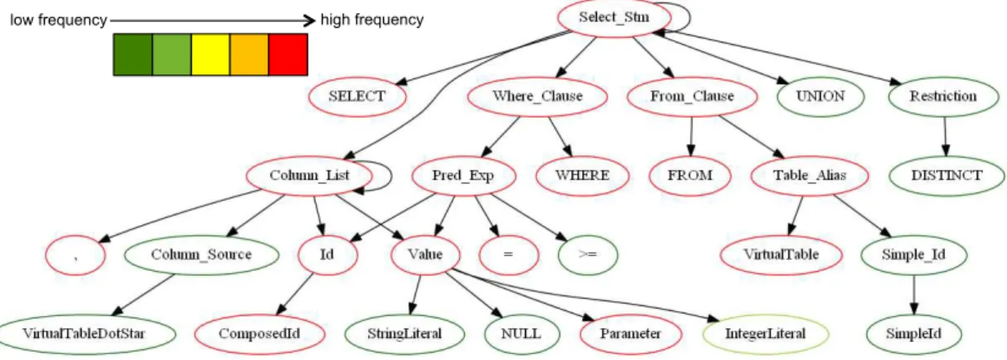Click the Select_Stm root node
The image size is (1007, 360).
(x=614, y=18)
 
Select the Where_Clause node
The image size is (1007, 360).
(x=537, y=96)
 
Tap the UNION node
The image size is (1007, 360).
(x=821, y=96)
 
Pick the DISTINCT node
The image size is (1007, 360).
(x=947, y=176)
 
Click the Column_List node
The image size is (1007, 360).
(x=310, y=176)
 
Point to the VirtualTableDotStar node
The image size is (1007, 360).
(x=84, y=334)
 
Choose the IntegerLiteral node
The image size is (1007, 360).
(x=765, y=334)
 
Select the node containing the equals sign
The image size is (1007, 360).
(x=509, y=255)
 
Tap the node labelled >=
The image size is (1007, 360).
(x=587, y=255)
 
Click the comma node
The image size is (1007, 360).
(x=75, y=255)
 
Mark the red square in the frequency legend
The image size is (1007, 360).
(x=288, y=55)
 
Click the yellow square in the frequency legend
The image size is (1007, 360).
(x=211, y=55)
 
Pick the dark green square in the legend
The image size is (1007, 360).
(x=132, y=55)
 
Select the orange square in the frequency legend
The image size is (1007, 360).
(x=249, y=55)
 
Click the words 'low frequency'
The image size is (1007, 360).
(x=59, y=20)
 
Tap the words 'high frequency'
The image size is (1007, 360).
(x=372, y=20)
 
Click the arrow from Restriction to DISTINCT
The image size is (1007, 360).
(x=945, y=136)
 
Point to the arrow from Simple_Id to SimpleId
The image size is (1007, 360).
(x=914, y=295)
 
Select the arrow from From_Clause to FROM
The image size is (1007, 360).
(x=691, y=136)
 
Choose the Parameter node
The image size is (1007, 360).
(x=630, y=334)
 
